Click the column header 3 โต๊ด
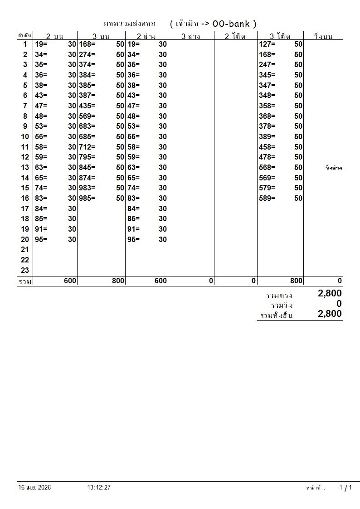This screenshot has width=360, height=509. (280, 36)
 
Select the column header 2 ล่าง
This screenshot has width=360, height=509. (146, 36)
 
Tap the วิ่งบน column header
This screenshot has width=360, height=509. (323, 36)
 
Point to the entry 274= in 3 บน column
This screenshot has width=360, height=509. (87, 54)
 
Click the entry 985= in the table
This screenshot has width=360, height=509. (87, 198)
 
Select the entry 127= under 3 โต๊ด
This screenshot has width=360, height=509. (267, 44)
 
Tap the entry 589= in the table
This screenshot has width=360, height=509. (267, 198)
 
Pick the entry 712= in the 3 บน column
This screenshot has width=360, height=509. (87, 147)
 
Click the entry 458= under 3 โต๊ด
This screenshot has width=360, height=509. (267, 147)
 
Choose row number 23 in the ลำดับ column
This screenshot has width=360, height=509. (25, 270)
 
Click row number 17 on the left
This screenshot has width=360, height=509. (25, 208)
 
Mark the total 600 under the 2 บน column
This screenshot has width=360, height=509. (70, 281)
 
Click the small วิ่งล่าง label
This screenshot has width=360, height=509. (333, 168)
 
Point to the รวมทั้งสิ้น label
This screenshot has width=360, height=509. (277, 315)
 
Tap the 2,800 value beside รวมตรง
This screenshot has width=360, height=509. (330, 294)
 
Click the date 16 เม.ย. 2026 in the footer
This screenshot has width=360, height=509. (34, 488)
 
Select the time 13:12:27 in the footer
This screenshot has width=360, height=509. (99, 488)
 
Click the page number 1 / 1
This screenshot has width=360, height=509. (345, 488)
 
